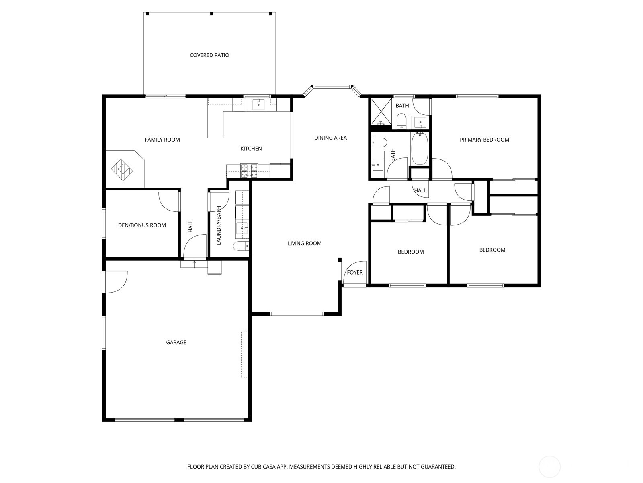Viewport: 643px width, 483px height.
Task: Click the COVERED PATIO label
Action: click(x=209, y=55)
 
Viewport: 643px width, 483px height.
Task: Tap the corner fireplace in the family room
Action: click(x=122, y=170)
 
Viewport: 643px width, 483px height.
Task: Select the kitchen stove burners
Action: click(x=249, y=171)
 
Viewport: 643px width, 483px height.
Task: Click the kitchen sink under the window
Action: click(x=258, y=105)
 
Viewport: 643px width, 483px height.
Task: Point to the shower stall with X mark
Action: click(x=381, y=111)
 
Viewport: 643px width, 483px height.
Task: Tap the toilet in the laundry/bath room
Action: click(x=241, y=246)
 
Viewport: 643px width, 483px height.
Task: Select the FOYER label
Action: click(x=355, y=272)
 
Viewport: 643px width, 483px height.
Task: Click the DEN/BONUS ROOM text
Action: click(x=142, y=225)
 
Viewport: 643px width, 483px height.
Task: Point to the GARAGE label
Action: click(x=176, y=343)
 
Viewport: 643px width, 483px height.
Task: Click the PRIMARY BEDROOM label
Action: click(x=484, y=140)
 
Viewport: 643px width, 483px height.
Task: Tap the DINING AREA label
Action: click(x=330, y=138)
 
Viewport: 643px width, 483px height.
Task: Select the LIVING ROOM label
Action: click(x=305, y=244)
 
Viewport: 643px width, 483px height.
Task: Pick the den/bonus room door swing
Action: click(x=168, y=200)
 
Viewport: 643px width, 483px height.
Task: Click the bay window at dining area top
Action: click(x=332, y=86)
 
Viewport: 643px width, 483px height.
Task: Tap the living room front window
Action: click(x=296, y=314)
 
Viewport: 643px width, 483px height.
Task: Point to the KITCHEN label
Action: click(x=251, y=149)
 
